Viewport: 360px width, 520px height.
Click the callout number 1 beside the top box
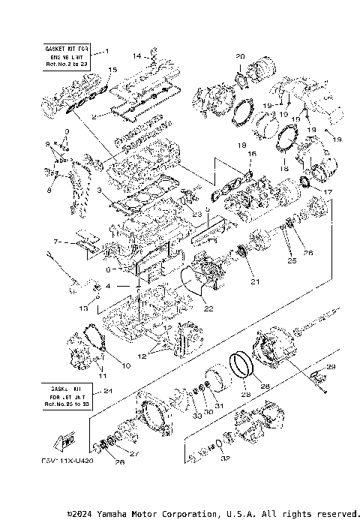tap(106, 51)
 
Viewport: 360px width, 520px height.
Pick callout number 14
tap(136, 56)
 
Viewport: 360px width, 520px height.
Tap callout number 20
tap(240, 56)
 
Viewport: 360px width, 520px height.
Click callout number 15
tap(112, 70)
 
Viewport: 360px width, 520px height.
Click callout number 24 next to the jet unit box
tap(107, 391)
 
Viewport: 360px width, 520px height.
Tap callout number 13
tap(85, 308)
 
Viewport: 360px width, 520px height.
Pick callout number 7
tap(55, 242)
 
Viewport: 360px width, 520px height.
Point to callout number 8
tap(50, 191)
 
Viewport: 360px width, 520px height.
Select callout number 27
tap(134, 453)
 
